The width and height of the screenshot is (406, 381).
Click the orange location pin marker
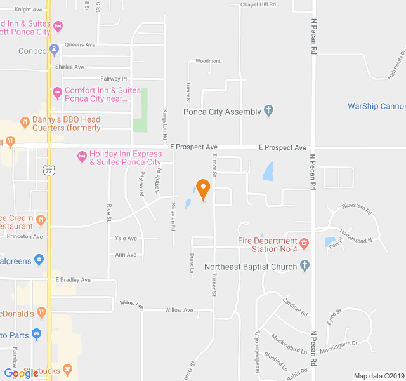[x=203, y=189]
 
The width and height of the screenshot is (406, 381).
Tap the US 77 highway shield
[x=49, y=170]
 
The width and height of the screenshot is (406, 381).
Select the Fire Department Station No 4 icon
[x=304, y=244]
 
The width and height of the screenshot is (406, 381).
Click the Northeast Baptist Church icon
[x=304, y=266]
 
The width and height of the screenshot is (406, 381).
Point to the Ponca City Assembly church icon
[x=268, y=111]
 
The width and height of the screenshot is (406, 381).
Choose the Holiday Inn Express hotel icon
[x=81, y=156]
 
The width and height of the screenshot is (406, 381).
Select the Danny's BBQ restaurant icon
[x=25, y=121]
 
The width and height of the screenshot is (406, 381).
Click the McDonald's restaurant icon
[x=41, y=311]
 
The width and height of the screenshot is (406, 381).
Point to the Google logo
[x=21, y=373]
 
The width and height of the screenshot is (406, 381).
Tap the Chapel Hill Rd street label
[x=259, y=4]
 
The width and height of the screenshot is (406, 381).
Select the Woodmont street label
[x=208, y=61]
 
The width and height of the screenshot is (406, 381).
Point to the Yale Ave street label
[x=126, y=239]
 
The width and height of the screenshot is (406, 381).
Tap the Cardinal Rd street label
[x=295, y=307]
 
